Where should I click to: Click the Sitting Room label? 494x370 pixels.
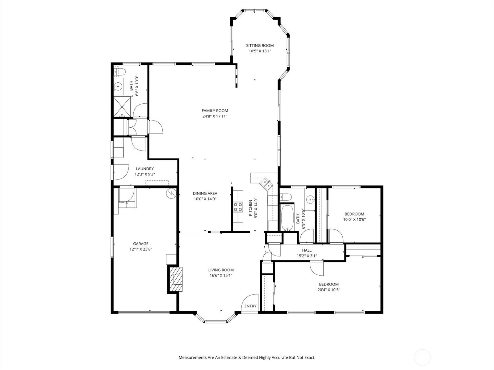tap(260, 46)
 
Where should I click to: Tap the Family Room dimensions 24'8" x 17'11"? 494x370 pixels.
tap(215, 116)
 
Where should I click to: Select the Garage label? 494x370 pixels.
tap(141, 244)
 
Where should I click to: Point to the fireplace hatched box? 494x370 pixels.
tap(176, 279)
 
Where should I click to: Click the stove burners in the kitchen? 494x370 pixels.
tap(238, 207)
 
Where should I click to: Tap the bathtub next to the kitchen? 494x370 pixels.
tap(287, 217)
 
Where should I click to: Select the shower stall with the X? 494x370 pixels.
tap(122, 107)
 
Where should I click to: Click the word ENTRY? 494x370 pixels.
tap(250, 306)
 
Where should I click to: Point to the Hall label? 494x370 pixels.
tap(307, 250)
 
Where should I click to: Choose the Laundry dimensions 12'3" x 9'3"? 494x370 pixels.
tap(145, 174)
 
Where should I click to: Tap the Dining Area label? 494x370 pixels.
tap(205, 193)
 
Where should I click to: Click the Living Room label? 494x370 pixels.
tap(221, 270)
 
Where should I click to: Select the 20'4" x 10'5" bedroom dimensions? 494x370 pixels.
tap(329, 290)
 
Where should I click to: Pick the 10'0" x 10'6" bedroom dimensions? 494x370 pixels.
tap(354, 220)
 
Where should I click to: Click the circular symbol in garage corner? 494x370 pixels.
tap(171, 193)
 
